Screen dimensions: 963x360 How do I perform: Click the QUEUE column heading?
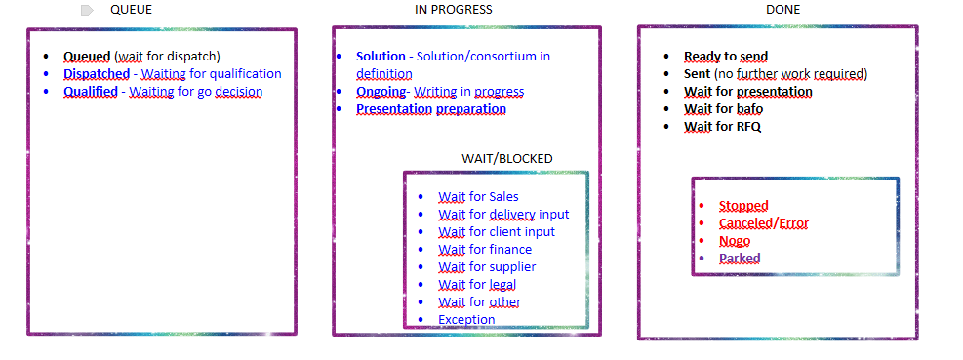(132, 9)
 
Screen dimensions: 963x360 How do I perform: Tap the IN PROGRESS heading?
(454, 9)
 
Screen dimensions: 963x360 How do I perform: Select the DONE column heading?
(783, 9)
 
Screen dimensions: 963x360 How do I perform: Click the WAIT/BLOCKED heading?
(507, 158)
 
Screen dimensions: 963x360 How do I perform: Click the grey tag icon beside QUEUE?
(87, 10)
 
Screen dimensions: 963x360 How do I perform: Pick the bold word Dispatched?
(97, 74)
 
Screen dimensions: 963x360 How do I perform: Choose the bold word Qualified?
(91, 92)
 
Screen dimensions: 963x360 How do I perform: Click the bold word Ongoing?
(381, 92)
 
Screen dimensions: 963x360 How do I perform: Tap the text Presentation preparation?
(431, 109)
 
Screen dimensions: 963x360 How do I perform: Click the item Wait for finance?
(485, 250)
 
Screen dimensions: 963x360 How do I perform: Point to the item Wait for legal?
(477, 285)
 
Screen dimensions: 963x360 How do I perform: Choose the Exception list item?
(466, 319)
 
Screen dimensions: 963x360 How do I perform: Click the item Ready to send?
(726, 57)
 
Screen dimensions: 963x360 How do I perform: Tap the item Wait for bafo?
(724, 109)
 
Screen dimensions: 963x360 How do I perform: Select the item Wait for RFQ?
(723, 127)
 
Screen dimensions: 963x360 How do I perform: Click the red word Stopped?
(743, 205)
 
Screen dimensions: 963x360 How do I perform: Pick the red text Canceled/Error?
(764, 223)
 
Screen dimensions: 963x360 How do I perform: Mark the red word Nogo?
(735, 241)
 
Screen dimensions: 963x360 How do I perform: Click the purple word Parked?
(741, 258)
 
